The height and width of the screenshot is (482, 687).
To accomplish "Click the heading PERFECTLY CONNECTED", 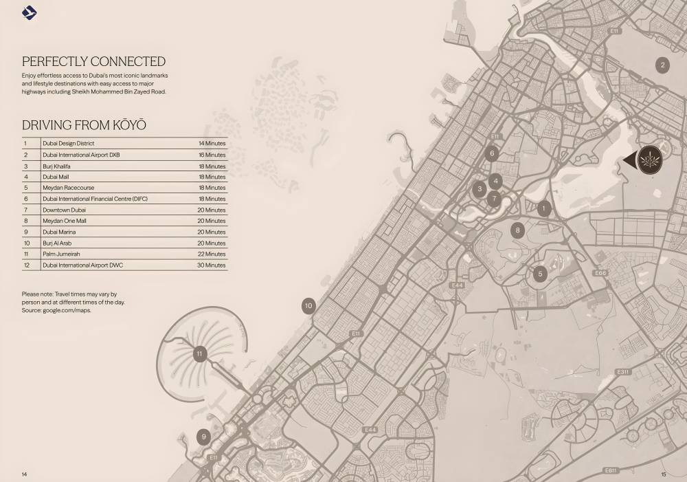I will pyautogui.click(x=93, y=61).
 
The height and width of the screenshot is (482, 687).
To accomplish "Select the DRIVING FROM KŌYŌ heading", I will pyautogui.click(x=84, y=125).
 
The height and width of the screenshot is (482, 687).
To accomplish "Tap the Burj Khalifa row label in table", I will pyautogui.click(x=56, y=166).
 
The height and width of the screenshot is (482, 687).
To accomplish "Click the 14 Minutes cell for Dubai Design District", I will pyautogui.click(x=212, y=144).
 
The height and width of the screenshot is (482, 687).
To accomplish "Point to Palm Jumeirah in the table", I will pyautogui.click(x=61, y=254).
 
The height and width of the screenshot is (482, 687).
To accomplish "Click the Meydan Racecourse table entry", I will pyautogui.click(x=68, y=188).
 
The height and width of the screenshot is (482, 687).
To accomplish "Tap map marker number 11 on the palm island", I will pyautogui.click(x=200, y=354).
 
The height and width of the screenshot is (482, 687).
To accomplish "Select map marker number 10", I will pyautogui.click(x=308, y=306).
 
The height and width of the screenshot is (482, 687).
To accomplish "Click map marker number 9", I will pyautogui.click(x=203, y=437).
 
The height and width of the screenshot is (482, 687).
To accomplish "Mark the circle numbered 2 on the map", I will pyautogui.click(x=662, y=65).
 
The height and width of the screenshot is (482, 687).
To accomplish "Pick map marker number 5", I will pyautogui.click(x=540, y=274).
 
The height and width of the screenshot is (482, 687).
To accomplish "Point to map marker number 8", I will pyautogui.click(x=517, y=230).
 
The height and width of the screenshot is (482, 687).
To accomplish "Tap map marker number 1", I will pyautogui.click(x=543, y=208).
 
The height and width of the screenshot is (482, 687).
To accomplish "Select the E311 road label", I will pyautogui.click(x=622, y=372).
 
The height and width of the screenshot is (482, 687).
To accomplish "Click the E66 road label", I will pyautogui.click(x=600, y=273).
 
